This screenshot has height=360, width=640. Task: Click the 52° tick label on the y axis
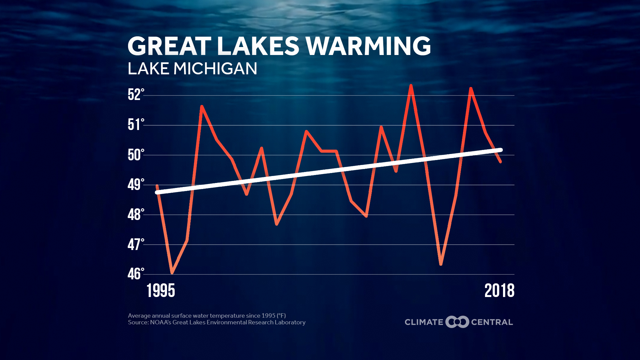[136, 95]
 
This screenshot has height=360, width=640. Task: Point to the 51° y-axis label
[136, 125]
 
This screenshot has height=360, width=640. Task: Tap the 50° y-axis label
[136, 155]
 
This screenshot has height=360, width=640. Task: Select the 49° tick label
[136, 184]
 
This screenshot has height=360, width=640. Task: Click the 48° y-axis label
[136, 214]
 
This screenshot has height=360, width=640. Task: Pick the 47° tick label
[136, 244]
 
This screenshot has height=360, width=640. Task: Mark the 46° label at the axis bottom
[136, 274]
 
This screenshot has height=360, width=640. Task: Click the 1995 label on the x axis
[161, 291]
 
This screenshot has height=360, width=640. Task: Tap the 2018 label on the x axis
[499, 291]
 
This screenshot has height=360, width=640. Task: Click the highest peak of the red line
[411, 86]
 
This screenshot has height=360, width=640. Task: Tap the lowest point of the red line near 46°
[172, 273]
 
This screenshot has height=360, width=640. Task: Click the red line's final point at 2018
[500, 162]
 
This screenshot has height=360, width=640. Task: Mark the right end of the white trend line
[500, 150]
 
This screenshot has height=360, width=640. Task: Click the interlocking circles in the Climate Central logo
[457, 322]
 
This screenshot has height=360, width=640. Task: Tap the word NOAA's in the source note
[159, 322]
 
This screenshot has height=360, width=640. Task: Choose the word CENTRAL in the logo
[492, 322]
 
